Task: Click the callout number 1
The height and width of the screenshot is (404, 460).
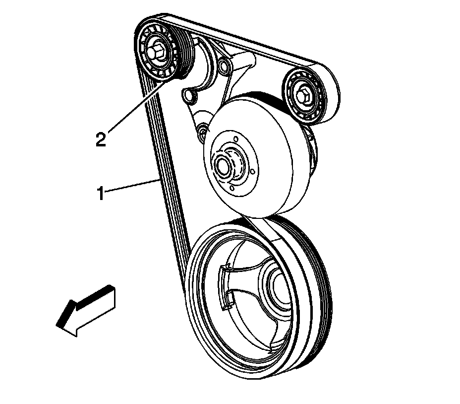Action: click(100, 193)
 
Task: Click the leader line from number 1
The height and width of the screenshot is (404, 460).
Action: click(131, 187)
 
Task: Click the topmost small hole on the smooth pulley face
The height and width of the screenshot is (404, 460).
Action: click(235, 140)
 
